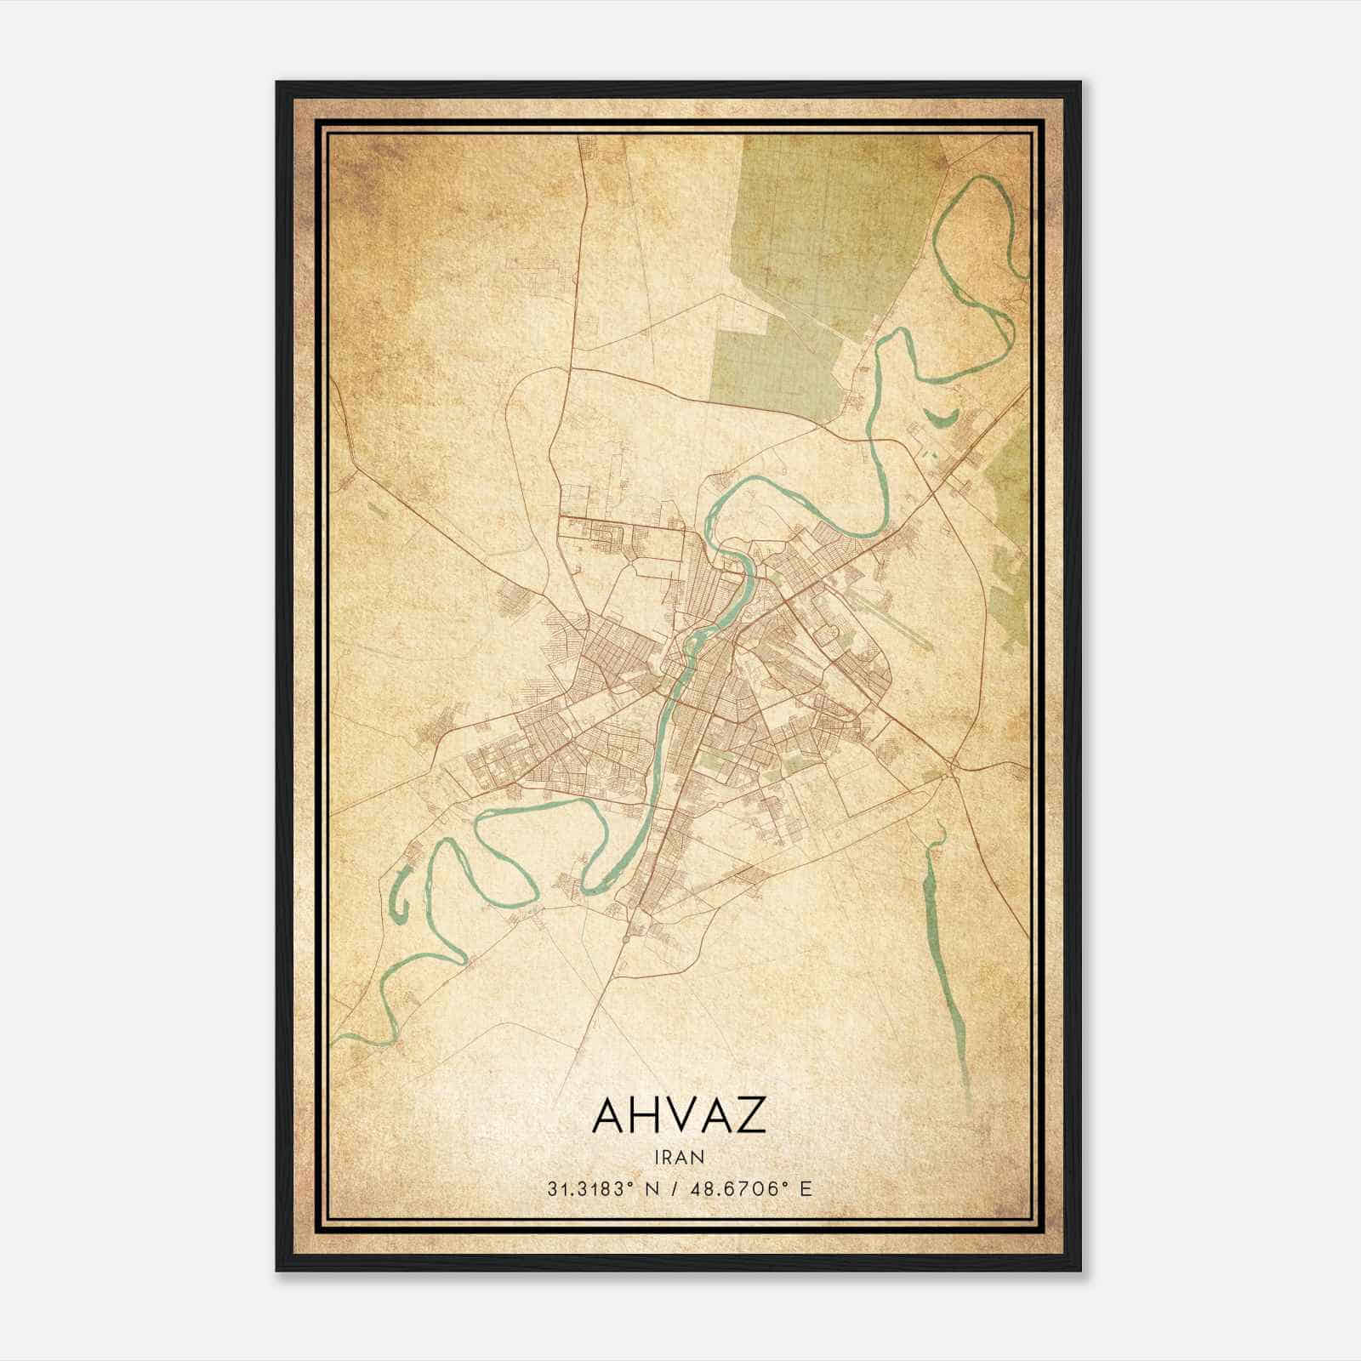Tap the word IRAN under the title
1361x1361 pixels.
pyautogui.click(x=679, y=1157)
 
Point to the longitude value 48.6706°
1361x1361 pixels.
pyautogui.click(x=736, y=1188)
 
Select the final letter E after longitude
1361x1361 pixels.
pyautogui.click(x=806, y=1188)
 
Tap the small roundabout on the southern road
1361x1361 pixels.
pyautogui.click(x=627, y=938)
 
